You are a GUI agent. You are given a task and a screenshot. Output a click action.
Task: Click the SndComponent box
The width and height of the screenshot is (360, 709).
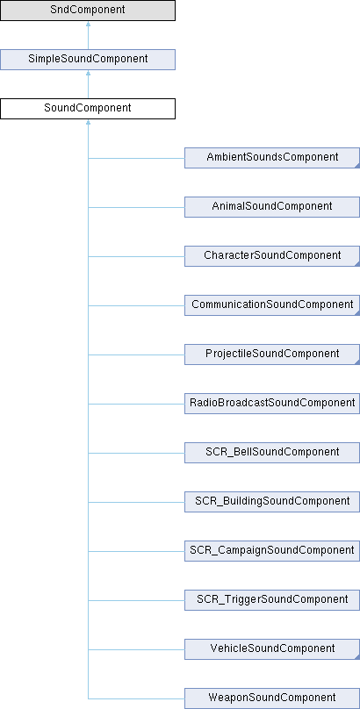pyautogui.click(x=88, y=11)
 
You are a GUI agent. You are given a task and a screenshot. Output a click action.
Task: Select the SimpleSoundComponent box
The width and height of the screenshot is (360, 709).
pyautogui.click(x=88, y=60)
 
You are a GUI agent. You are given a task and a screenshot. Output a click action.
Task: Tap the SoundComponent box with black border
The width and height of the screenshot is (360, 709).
pyautogui.click(x=88, y=109)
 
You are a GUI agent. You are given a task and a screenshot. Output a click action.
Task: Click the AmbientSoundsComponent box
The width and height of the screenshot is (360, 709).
pyautogui.click(x=272, y=158)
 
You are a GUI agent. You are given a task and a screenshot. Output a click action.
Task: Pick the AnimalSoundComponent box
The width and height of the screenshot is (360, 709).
pyautogui.click(x=272, y=206)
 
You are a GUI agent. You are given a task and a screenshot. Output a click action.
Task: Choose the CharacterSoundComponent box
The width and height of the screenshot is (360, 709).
pyautogui.click(x=272, y=256)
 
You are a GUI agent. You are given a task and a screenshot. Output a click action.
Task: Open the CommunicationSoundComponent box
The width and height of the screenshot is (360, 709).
pyautogui.click(x=272, y=305)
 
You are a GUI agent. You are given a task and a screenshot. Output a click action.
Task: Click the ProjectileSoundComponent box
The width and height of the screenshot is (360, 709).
pyautogui.click(x=272, y=354)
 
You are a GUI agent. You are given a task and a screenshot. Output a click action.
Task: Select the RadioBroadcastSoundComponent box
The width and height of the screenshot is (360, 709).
pyautogui.click(x=272, y=404)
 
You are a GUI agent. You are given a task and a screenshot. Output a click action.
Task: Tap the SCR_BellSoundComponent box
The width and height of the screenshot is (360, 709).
pyautogui.click(x=272, y=453)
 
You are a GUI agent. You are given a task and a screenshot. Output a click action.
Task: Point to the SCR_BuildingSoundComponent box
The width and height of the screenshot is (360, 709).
pyautogui.click(x=272, y=501)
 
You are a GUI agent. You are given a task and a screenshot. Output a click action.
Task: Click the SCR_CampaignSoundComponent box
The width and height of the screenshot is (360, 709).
pyautogui.click(x=272, y=551)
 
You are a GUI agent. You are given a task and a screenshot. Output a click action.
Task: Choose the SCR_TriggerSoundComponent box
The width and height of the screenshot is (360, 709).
pyautogui.click(x=272, y=600)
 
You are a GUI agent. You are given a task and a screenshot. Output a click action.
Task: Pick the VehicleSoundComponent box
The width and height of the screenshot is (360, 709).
pyautogui.click(x=272, y=648)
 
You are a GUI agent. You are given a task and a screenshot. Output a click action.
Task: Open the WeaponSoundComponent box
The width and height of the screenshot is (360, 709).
pyautogui.click(x=272, y=698)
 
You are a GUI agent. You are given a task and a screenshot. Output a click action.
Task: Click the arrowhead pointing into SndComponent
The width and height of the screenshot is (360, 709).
pyautogui.click(x=88, y=24)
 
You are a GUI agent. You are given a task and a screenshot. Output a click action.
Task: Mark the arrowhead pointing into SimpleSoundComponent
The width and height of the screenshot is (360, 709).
pyautogui.click(x=88, y=73)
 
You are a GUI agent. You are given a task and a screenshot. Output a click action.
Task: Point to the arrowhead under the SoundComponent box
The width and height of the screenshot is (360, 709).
pyautogui.click(x=88, y=123)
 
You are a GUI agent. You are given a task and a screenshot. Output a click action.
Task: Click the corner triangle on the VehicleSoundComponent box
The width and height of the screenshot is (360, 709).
pyautogui.click(x=357, y=657)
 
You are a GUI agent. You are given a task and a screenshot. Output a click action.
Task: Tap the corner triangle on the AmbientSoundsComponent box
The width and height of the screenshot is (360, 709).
pyautogui.click(x=357, y=166)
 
